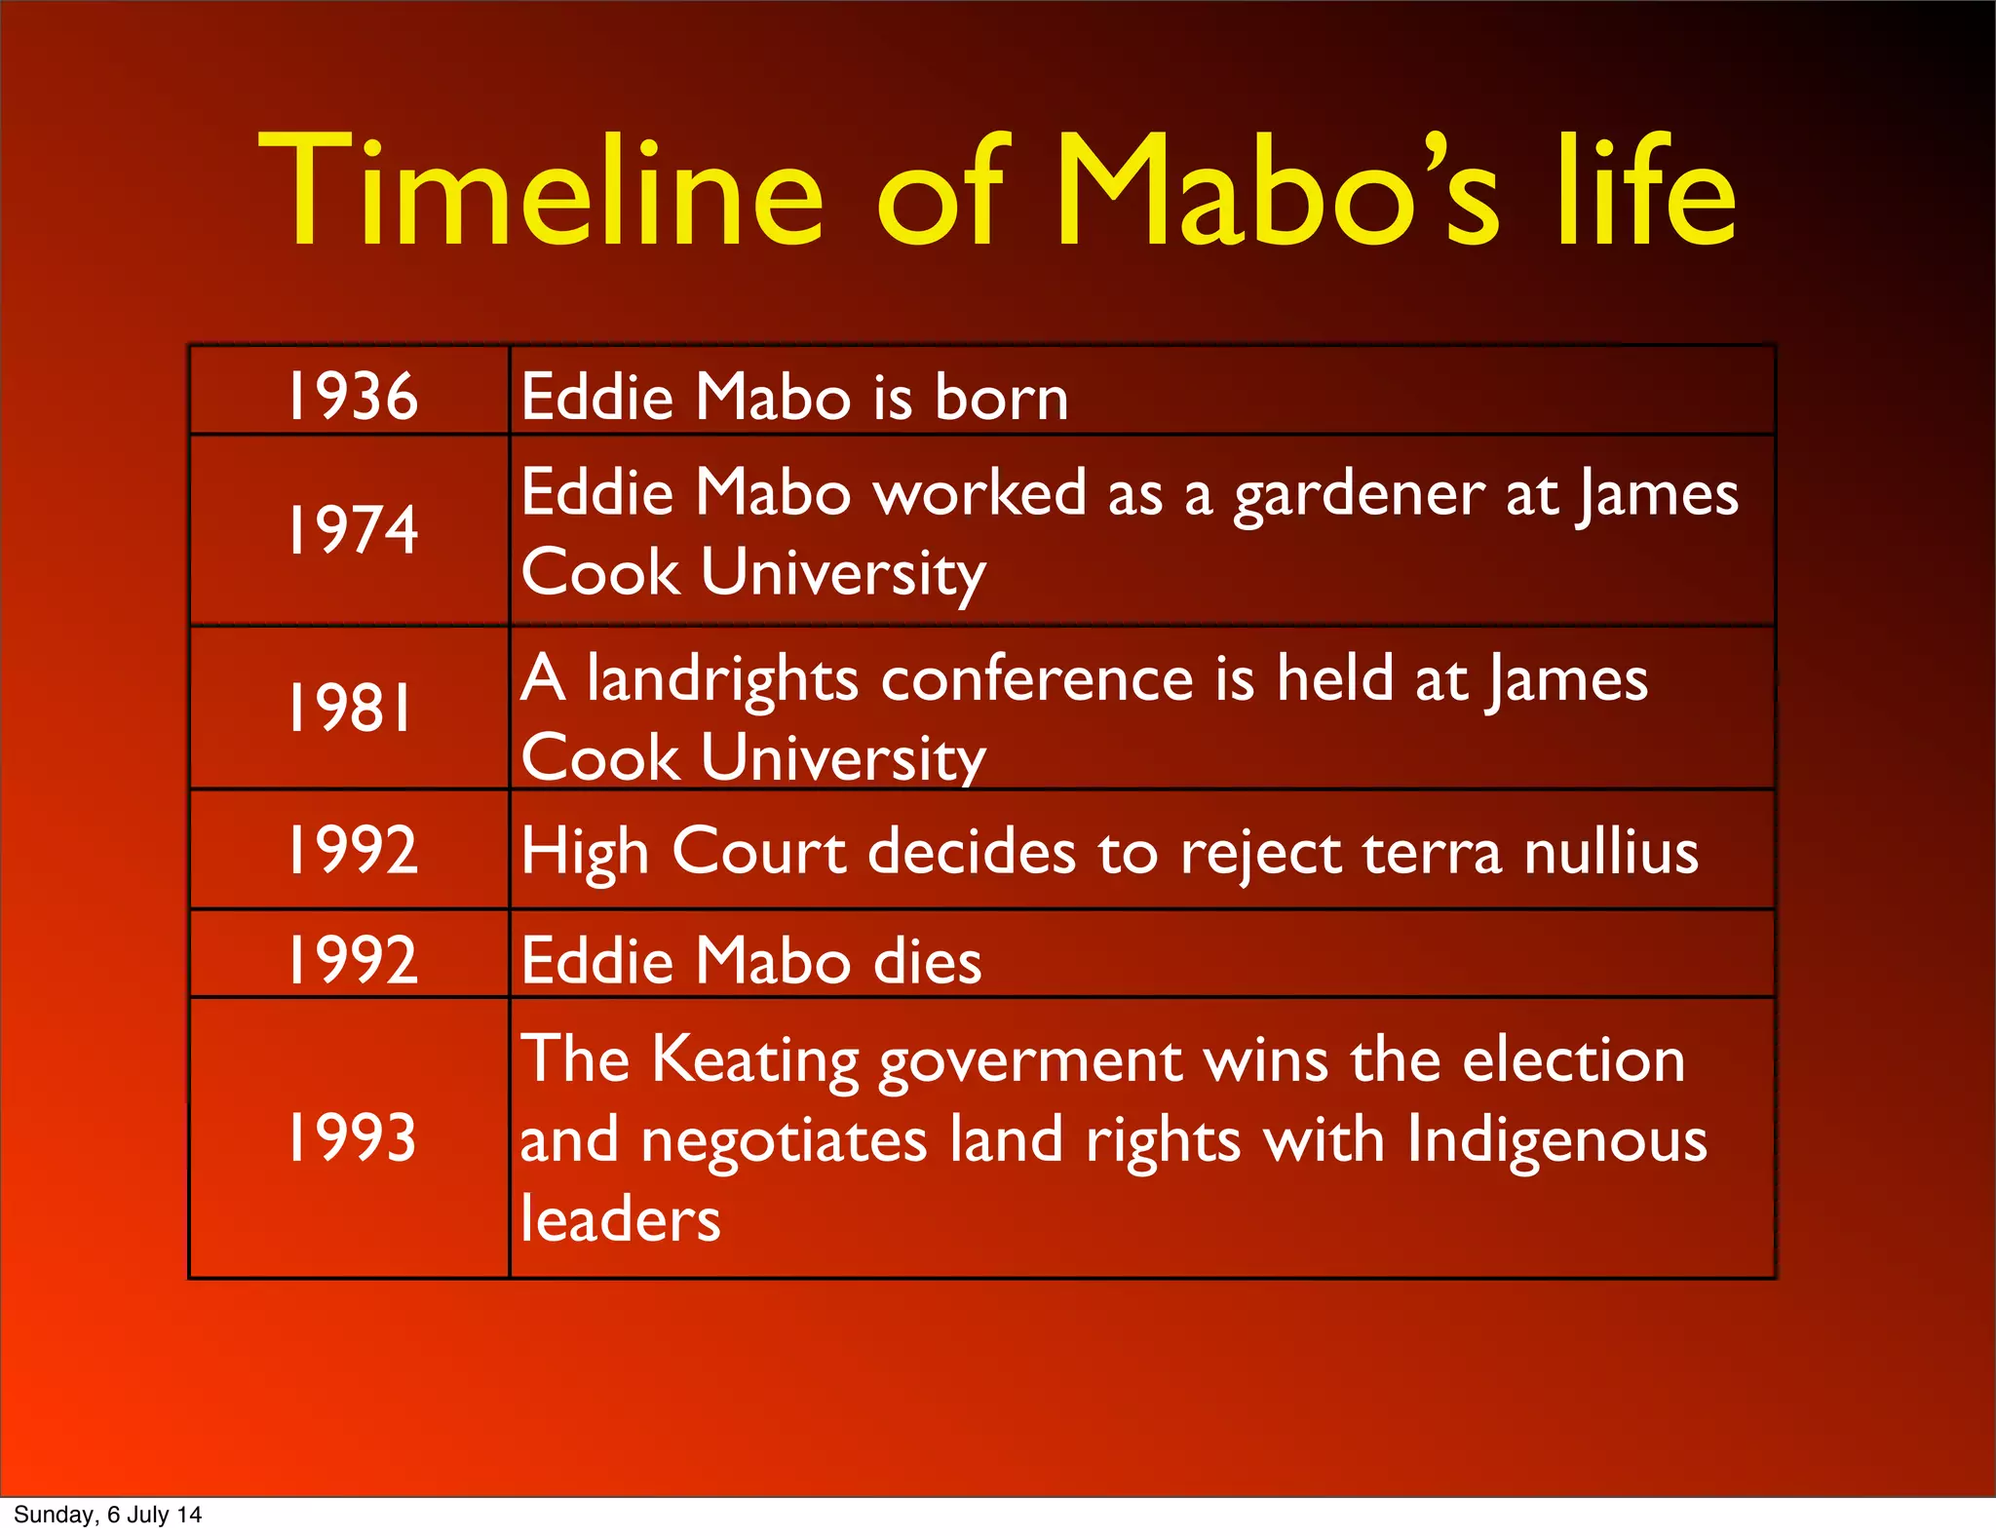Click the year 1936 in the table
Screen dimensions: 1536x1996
click(x=352, y=396)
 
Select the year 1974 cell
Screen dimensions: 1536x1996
click(x=352, y=529)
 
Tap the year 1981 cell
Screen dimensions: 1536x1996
click(x=352, y=708)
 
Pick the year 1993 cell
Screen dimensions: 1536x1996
click(x=352, y=1136)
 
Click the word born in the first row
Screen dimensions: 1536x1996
click(x=1001, y=398)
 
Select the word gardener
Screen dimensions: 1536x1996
click(x=1359, y=494)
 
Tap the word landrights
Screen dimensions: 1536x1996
click(x=722, y=679)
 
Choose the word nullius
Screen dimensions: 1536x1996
click(x=1611, y=851)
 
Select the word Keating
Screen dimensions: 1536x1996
click(x=754, y=1061)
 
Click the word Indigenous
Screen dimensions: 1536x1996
click(x=1556, y=1140)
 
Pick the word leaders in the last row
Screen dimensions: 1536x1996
click(x=620, y=1218)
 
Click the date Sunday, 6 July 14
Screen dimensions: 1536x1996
click(x=107, y=1515)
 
